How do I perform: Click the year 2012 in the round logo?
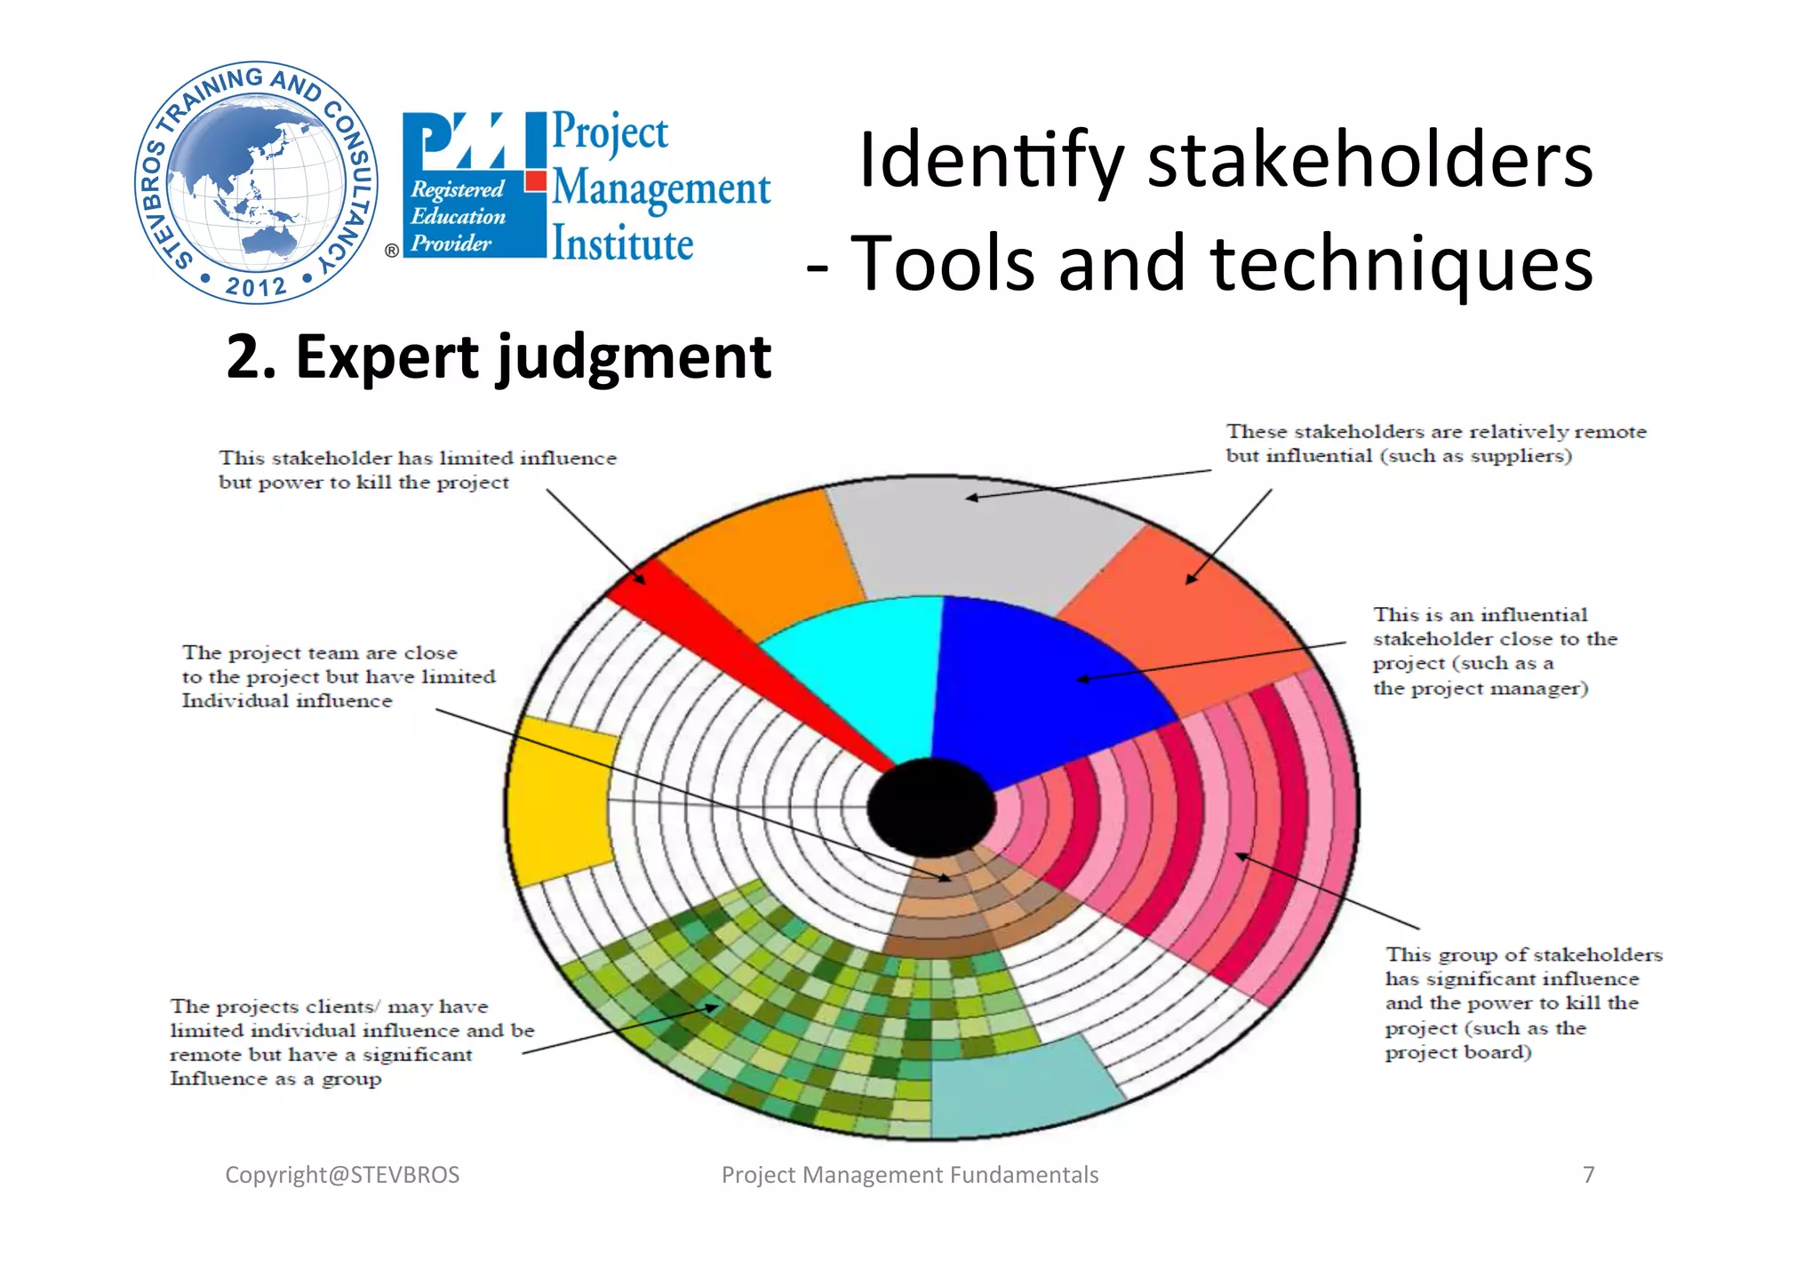[256, 286]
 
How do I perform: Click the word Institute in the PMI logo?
[622, 244]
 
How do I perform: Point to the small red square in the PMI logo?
[535, 181]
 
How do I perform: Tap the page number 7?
[1589, 1175]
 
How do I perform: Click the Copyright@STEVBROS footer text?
[342, 1175]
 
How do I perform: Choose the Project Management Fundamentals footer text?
[910, 1175]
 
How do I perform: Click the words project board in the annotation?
[1457, 1052]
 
